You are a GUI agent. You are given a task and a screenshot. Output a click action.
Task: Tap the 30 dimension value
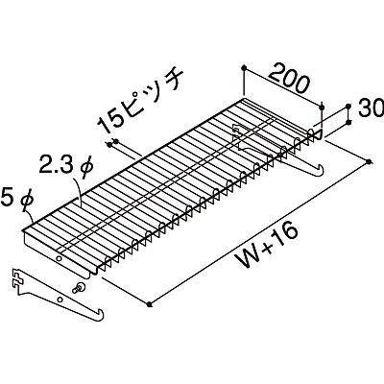point(371,108)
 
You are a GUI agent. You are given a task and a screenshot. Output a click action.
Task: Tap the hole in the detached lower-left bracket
point(60,300)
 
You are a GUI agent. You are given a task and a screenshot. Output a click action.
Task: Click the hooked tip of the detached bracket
point(101,313)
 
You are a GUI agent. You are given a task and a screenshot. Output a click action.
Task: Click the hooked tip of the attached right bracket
point(321,170)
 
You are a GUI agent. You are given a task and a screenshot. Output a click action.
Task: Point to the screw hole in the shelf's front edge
point(59,258)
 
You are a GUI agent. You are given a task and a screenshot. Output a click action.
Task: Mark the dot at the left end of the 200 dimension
point(244,67)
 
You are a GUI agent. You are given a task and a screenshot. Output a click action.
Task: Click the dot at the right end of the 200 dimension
point(322,107)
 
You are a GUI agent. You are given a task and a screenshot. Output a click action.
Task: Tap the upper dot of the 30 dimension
point(348,106)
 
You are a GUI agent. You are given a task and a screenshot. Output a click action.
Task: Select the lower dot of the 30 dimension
point(348,123)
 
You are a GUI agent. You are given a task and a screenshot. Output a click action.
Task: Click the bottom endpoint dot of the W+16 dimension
point(149,304)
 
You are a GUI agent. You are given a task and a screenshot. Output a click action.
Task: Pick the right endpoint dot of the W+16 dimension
point(370,162)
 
